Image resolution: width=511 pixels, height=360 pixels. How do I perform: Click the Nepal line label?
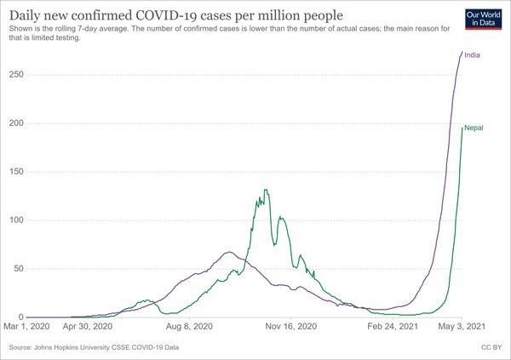tap(474, 128)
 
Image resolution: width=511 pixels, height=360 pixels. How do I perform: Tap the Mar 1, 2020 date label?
tap(28, 325)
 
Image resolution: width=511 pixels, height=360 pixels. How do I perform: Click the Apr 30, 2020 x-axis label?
tap(89, 325)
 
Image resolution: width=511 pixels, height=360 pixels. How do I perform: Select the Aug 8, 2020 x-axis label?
tap(191, 325)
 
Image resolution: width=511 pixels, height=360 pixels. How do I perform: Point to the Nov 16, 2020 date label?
tap(292, 325)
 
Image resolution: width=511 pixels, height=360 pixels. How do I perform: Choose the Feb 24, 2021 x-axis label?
tap(393, 325)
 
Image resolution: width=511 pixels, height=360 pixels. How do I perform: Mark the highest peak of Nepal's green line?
tap(266, 190)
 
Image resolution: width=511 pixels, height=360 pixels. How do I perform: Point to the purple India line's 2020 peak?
tap(228, 252)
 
